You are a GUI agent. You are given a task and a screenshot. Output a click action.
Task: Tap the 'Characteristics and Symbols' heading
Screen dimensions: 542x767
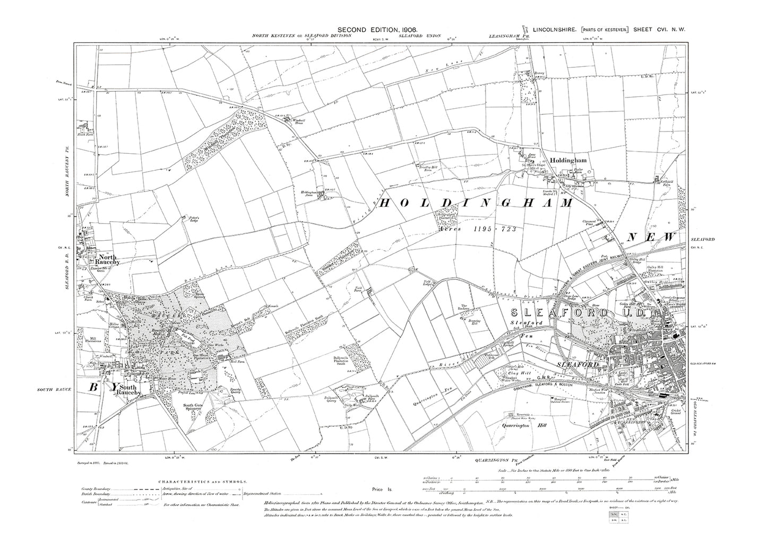(202, 482)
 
